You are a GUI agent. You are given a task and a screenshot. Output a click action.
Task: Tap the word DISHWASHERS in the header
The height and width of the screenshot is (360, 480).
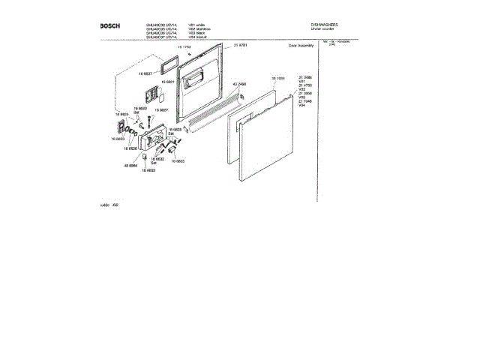[325, 25]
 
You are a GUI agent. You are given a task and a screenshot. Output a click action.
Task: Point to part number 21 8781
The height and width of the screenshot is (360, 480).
[241, 47]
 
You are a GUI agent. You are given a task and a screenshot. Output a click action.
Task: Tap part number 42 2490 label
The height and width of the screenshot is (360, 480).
[240, 84]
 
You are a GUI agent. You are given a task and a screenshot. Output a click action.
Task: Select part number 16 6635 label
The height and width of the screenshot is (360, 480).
[177, 160]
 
